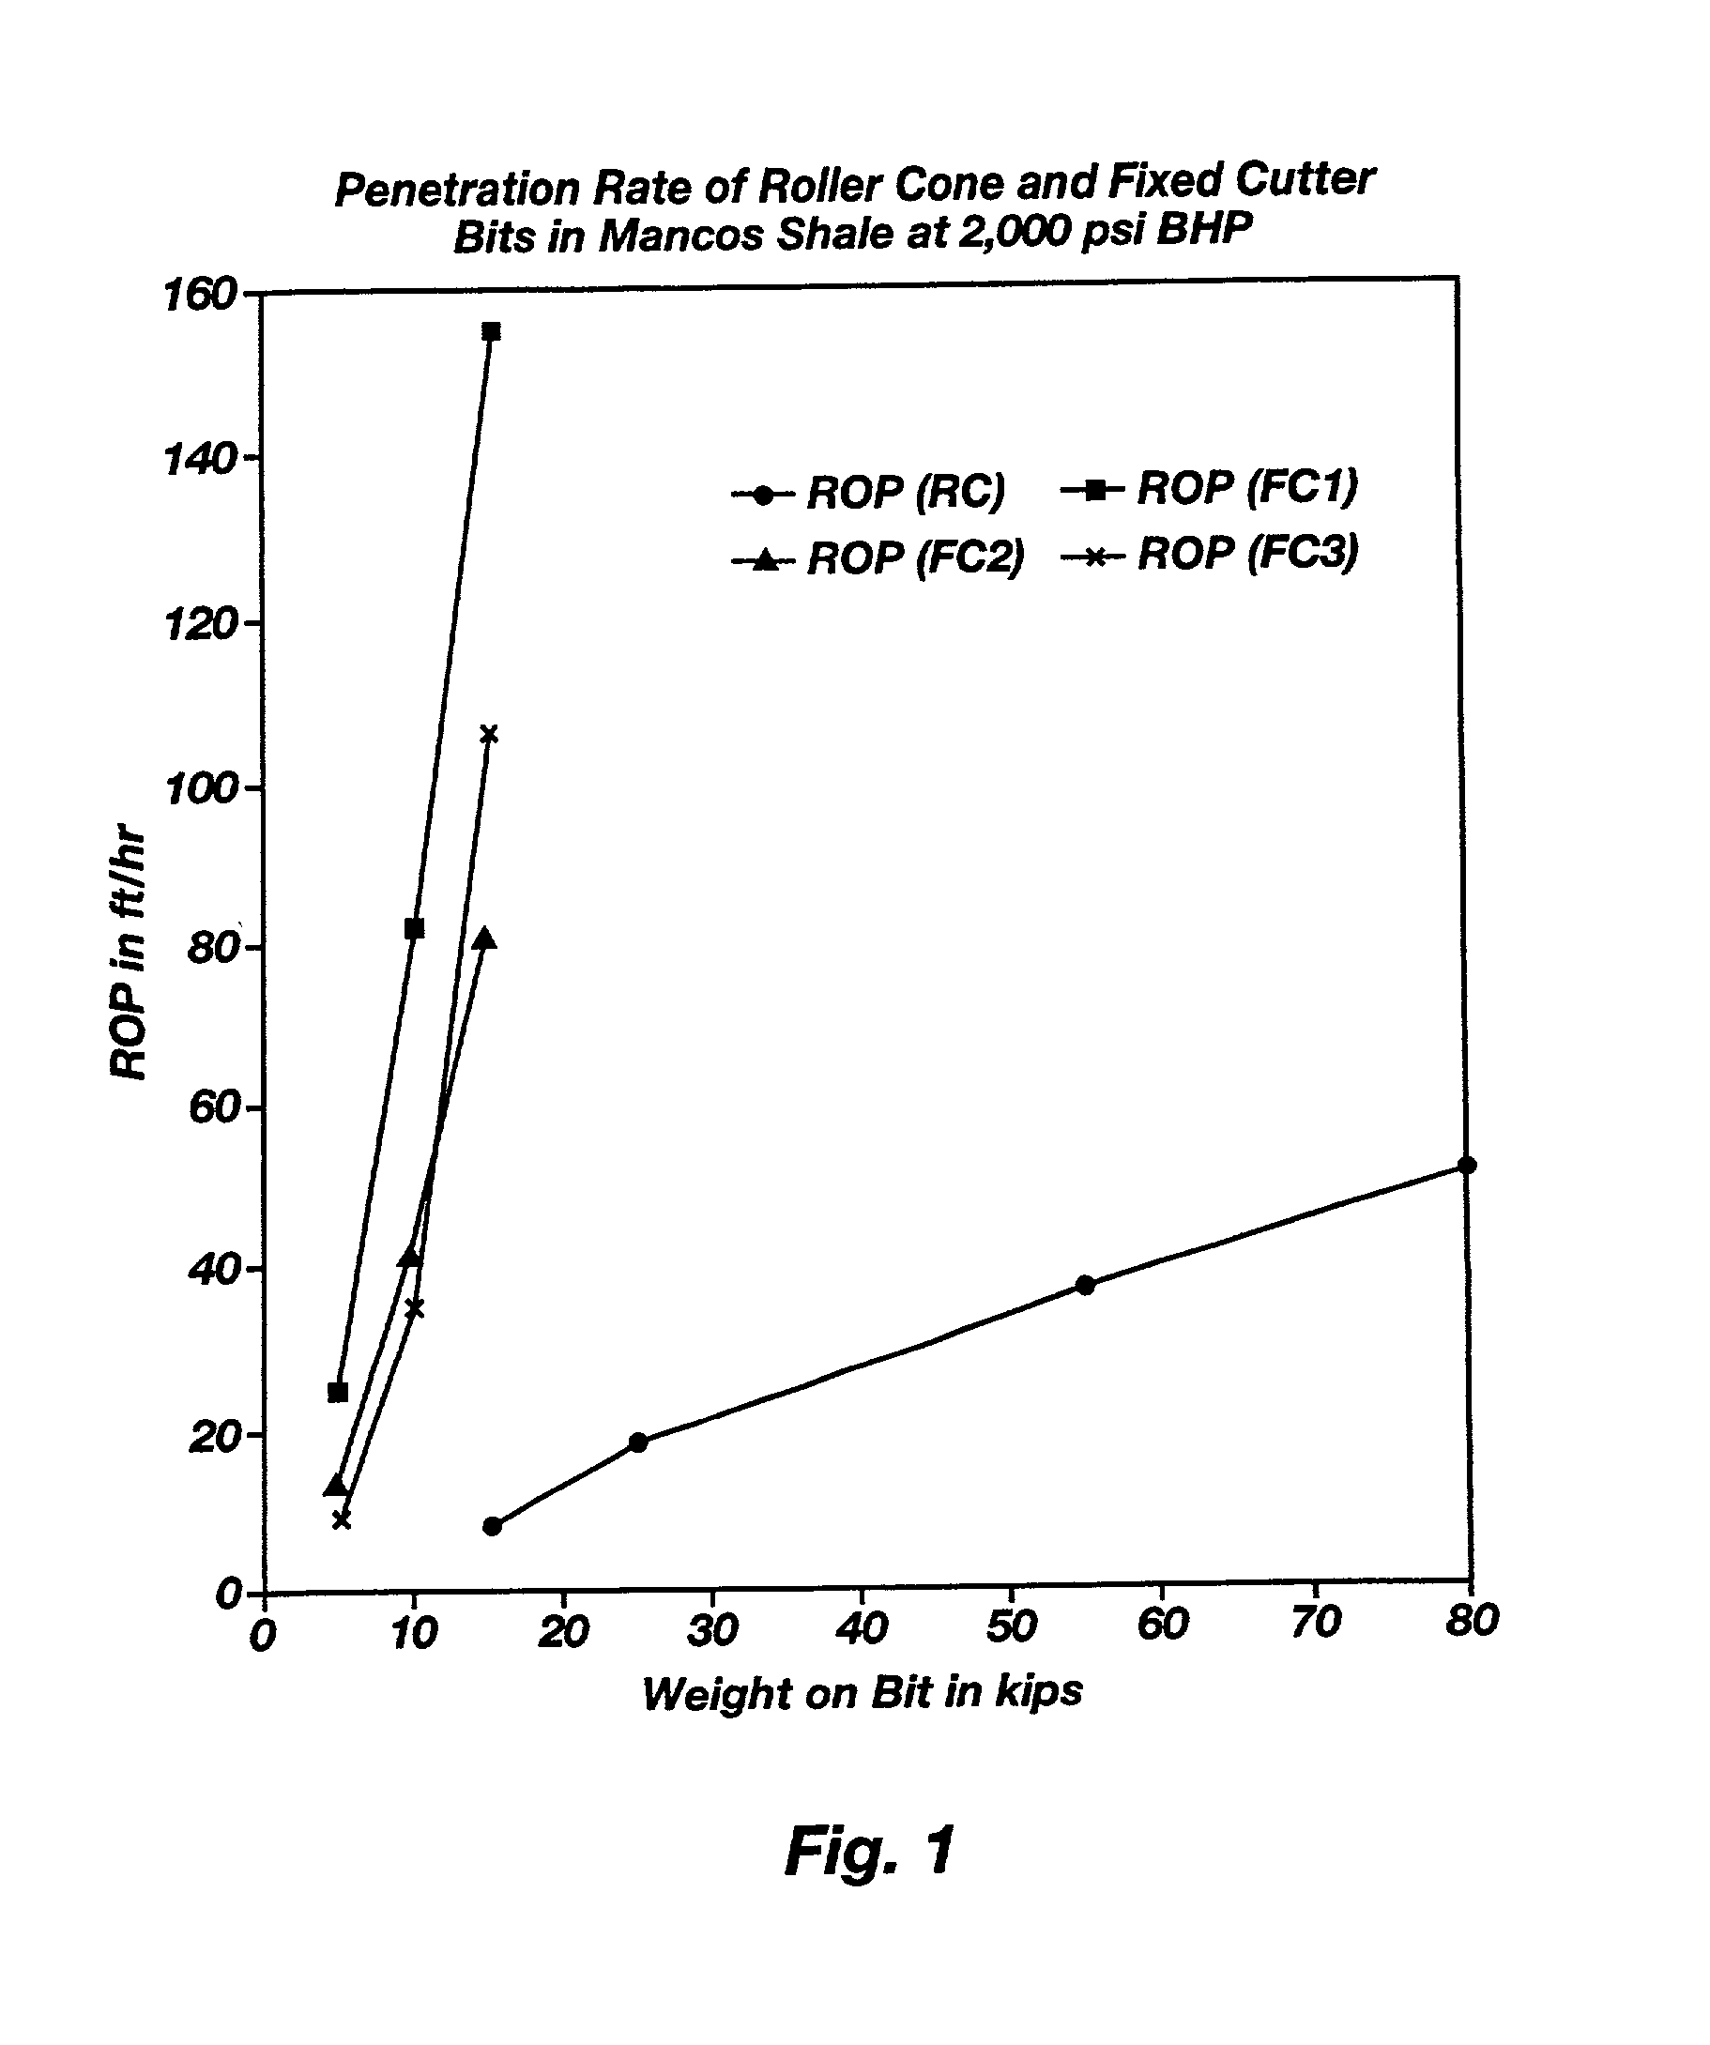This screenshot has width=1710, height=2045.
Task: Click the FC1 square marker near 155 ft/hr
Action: (x=491, y=332)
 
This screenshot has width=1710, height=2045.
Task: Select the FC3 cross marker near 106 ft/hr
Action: (x=489, y=734)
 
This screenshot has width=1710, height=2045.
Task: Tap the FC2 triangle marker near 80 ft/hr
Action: (x=485, y=939)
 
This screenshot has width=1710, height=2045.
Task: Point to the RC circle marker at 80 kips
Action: (x=1468, y=1166)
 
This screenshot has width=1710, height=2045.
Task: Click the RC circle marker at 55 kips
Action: (x=1085, y=1286)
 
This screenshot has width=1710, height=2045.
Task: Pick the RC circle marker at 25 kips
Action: (x=638, y=1443)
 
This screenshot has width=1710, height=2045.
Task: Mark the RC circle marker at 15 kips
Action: (x=492, y=1527)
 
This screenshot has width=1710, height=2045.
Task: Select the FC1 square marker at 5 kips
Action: (x=338, y=1393)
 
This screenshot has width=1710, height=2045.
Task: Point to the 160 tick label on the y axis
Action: (x=200, y=295)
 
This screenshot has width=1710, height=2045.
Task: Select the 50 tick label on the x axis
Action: (x=1011, y=1627)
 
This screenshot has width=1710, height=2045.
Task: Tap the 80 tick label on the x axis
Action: (x=1472, y=1622)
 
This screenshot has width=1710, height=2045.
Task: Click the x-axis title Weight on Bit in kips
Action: (x=862, y=1693)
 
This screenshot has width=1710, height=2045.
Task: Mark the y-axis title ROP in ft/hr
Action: (x=129, y=955)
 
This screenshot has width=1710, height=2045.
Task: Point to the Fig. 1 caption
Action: (x=870, y=1850)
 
